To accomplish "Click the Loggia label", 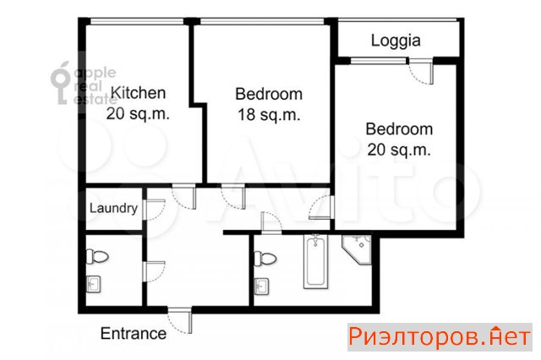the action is (396, 41).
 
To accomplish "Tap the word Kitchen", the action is (138, 93).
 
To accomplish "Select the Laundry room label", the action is (113, 208).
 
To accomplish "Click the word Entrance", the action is (134, 334).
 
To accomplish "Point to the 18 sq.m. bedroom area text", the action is (269, 115).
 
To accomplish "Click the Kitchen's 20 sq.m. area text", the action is (138, 114).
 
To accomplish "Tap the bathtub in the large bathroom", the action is (315, 261).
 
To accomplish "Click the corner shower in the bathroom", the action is (357, 249).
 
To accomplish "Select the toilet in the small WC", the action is (97, 257).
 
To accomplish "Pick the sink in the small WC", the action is (93, 285).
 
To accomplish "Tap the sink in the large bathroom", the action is (261, 286).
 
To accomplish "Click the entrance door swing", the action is (180, 320).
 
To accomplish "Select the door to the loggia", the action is (421, 71).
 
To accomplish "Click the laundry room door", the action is (154, 210).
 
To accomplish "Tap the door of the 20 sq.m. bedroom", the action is (321, 207).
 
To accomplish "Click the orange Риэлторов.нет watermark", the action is (440, 337).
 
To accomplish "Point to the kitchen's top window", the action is (137, 21).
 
